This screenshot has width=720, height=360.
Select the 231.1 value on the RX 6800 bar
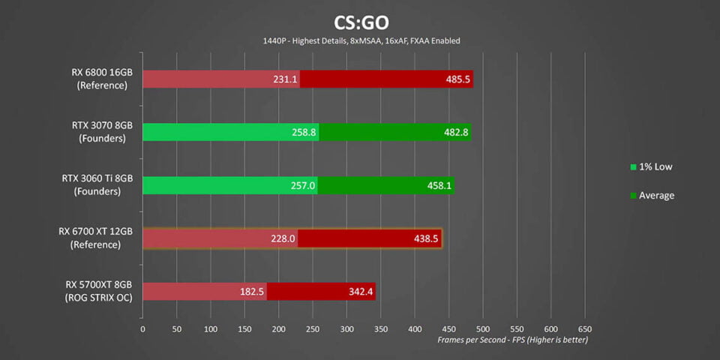coord(286,79)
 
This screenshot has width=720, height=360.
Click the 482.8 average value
coord(455,132)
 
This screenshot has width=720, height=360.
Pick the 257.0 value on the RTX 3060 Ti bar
coord(304,185)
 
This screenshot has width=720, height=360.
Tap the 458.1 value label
coord(439,185)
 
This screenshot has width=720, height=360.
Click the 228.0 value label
coord(283,238)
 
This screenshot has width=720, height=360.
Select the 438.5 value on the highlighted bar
coord(425,238)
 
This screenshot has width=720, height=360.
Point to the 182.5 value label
coord(251,291)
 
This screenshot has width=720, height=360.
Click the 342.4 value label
coord(359,291)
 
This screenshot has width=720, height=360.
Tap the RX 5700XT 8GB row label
coord(99,291)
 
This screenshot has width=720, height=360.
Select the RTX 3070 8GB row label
coord(97,132)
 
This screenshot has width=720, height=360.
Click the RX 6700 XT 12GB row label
coord(98,238)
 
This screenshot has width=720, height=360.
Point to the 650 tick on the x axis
coord(585,328)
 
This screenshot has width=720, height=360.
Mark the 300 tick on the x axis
coord(346,328)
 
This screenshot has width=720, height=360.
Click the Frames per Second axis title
coord(513,340)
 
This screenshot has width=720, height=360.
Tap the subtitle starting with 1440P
coord(361,40)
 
